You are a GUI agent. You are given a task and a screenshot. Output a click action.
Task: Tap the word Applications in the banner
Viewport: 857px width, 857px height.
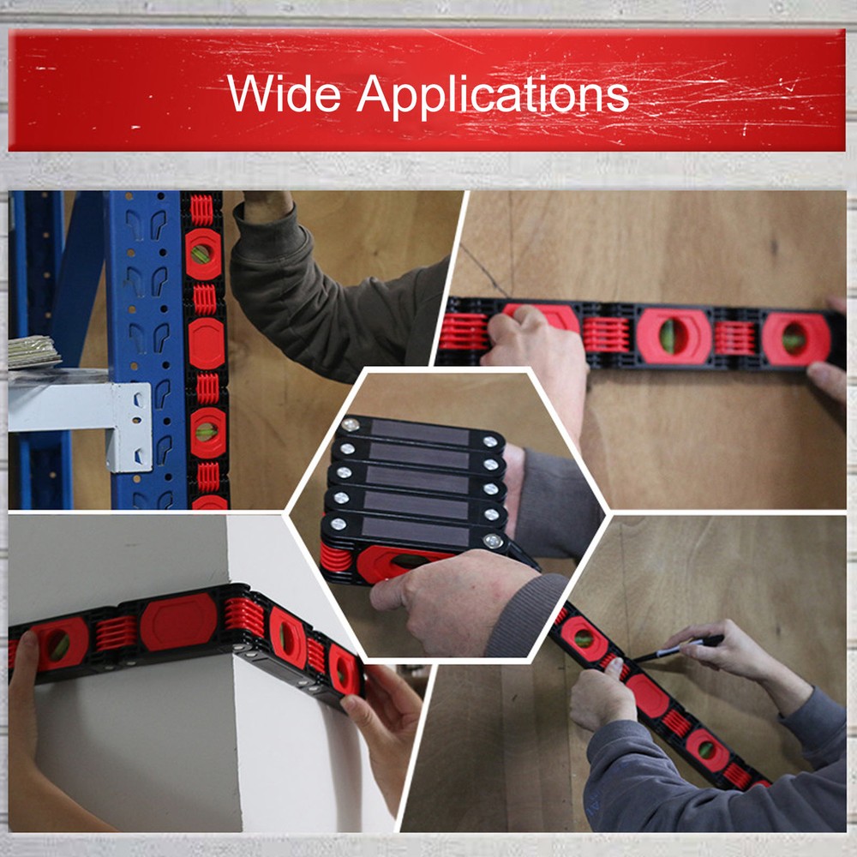(493, 94)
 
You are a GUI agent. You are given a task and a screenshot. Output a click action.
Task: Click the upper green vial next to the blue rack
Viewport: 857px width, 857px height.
(204, 254)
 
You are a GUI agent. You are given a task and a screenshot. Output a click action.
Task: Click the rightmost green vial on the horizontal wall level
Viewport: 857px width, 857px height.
(794, 338)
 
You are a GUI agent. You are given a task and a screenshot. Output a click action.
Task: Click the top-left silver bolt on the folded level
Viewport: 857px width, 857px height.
(349, 425)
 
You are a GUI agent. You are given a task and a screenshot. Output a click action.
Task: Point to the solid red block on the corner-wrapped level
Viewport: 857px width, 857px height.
(178, 621)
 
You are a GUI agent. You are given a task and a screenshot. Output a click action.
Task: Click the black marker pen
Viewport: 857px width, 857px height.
(677, 649)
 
